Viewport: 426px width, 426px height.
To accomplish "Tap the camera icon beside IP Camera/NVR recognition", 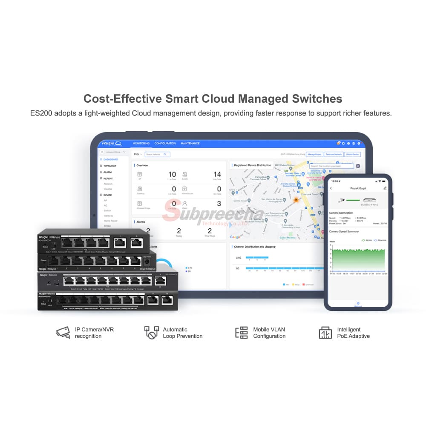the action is pyautogui.click(x=63, y=332).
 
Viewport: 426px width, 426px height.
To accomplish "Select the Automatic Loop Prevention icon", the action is pyautogui.click(x=151, y=332).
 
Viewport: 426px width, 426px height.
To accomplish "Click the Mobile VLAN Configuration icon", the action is pyautogui.click(x=242, y=332).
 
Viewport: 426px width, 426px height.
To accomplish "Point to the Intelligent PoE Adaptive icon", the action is pyautogui.click(x=325, y=332).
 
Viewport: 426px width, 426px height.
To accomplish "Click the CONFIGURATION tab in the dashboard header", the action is pyautogui.click(x=165, y=144).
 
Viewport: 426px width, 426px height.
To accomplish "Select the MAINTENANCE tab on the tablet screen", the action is pyautogui.click(x=190, y=144).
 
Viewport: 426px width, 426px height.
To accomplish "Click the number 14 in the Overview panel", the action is pyautogui.click(x=217, y=174).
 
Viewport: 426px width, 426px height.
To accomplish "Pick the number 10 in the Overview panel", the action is pyautogui.click(x=172, y=174).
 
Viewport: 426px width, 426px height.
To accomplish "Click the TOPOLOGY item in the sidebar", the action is pyautogui.click(x=109, y=166).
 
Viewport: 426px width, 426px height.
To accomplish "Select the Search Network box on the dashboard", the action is pyautogui.click(x=157, y=154).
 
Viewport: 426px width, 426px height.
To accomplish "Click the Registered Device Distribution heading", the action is pyautogui.click(x=253, y=165).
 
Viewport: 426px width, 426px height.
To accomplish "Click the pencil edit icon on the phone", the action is pyautogui.click(x=385, y=188).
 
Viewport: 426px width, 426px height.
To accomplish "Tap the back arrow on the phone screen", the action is pyautogui.click(x=331, y=188).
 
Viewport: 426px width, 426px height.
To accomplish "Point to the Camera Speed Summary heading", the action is pyautogui.click(x=344, y=232).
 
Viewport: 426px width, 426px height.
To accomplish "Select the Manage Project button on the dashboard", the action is pyautogui.click(x=314, y=154).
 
